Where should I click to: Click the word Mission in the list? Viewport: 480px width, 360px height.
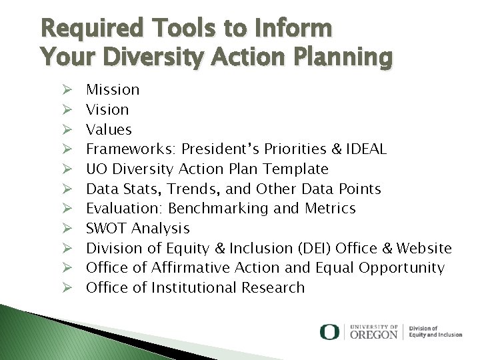pos(113,90)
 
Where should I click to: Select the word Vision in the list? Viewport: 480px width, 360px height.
pos(107,110)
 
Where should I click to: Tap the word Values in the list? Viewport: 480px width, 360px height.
pos(109,129)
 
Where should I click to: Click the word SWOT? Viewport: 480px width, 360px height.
pos(107,229)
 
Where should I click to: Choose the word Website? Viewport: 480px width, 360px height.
pos(424,249)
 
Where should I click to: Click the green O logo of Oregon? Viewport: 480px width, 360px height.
pos(329,332)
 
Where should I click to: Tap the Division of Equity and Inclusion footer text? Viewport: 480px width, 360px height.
pos(435,332)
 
